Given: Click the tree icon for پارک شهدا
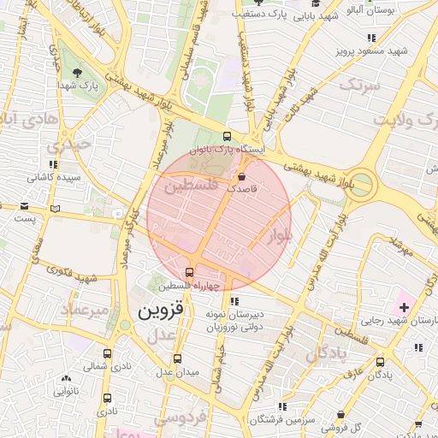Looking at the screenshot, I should (79, 72).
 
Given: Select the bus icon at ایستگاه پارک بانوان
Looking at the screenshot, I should (227, 135).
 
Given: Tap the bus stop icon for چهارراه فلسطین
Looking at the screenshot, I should (189, 273).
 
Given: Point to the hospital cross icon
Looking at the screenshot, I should (404, 305).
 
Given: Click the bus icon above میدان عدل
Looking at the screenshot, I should (177, 359).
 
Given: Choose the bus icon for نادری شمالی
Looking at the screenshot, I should (107, 353).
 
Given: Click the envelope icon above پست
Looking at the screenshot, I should (26, 206).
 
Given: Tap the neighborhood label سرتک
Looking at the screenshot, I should (358, 85).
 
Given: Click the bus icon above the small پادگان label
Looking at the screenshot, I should (381, 363).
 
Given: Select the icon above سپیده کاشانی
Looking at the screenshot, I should (53, 164).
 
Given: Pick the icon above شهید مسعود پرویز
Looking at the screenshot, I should (370, 38).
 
